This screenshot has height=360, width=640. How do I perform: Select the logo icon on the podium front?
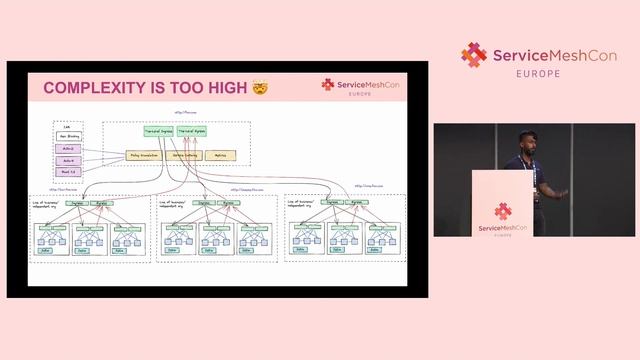click(502, 211)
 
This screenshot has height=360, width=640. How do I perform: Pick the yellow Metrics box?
click(221, 155)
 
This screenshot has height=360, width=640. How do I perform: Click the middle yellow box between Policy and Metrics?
click(186, 155)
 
